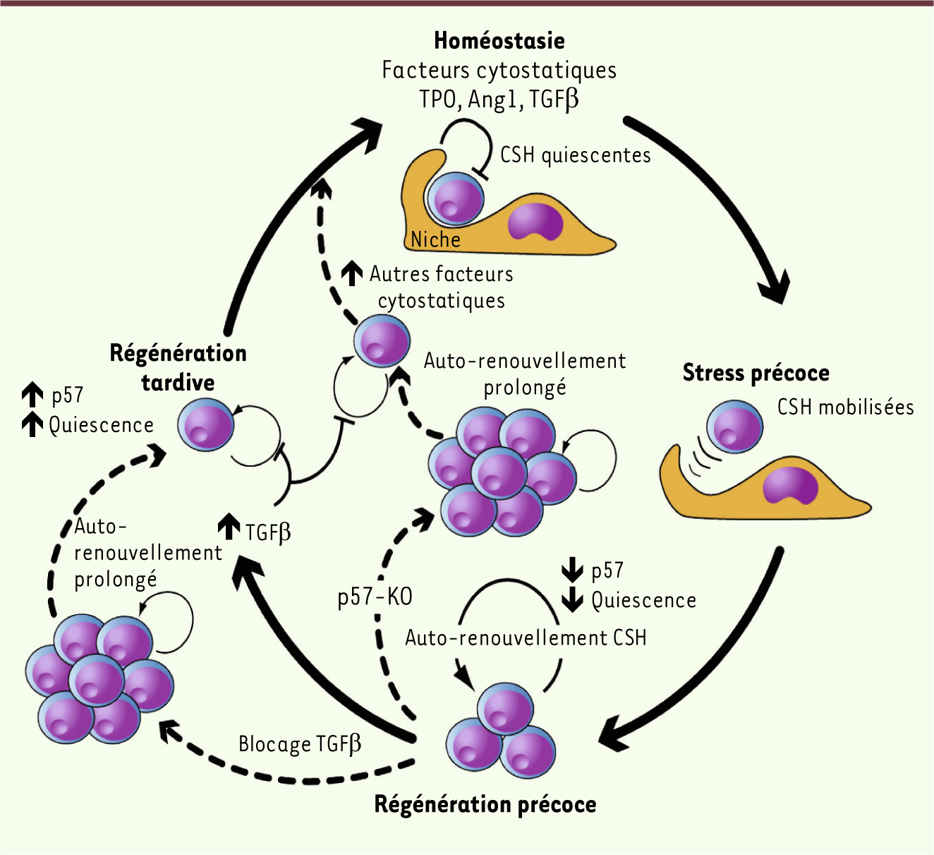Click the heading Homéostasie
[499, 41]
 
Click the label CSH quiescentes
[575, 155]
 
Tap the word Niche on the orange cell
[435, 240]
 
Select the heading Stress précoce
[756, 373]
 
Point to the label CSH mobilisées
[845, 407]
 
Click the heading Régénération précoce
[485, 804]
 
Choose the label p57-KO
[375, 597]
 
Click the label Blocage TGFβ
[300, 744]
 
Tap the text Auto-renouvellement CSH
[526, 638]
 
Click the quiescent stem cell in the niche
[456, 198]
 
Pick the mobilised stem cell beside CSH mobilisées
[735, 427]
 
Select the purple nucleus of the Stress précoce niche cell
[790, 485]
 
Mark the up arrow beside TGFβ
[229, 526]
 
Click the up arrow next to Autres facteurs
[352, 273]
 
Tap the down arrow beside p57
[572, 569]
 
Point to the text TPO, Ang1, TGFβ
[499, 99]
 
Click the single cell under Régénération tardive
[205, 424]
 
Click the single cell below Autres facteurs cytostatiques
[382, 341]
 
